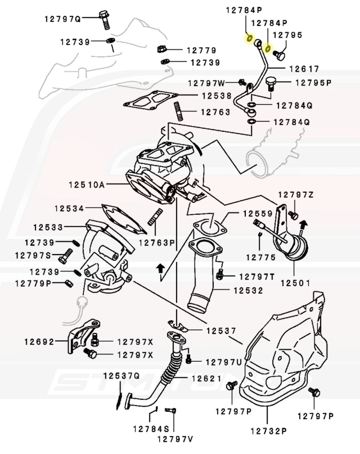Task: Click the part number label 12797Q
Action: (x=63, y=19)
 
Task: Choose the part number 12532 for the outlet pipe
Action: (x=248, y=291)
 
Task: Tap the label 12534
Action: (x=69, y=209)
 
